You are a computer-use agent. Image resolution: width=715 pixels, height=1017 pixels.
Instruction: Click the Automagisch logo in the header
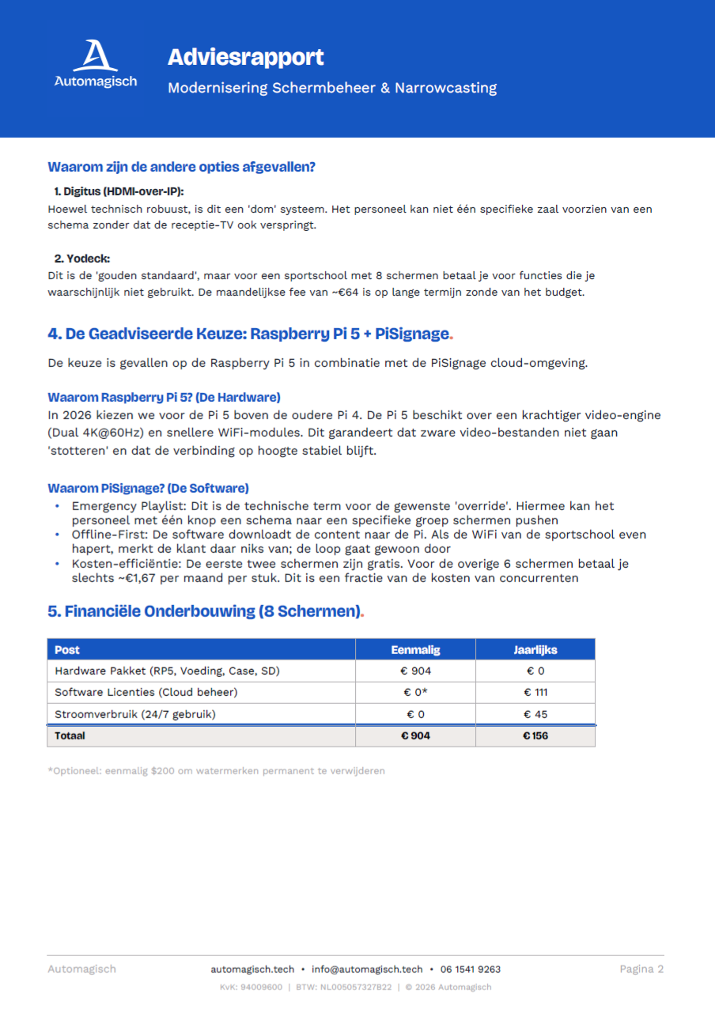tap(95, 65)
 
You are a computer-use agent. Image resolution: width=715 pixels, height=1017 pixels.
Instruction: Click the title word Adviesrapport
tap(245, 58)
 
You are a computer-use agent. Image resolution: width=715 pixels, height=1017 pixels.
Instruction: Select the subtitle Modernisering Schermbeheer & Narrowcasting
tap(331, 88)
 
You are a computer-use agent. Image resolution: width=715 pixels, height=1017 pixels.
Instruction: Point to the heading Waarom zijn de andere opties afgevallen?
tap(181, 167)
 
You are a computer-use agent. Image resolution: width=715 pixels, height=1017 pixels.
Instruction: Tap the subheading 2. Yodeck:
tap(81, 259)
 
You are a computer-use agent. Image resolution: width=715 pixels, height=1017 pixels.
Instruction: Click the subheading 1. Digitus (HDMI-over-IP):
tap(119, 192)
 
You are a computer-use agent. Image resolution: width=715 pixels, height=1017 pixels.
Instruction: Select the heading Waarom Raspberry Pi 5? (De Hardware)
tap(164, 397)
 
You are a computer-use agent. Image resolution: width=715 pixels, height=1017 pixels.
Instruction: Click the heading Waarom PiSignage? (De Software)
tap(148, 488)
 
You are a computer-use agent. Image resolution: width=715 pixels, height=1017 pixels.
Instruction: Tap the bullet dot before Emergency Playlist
tap(56, 505)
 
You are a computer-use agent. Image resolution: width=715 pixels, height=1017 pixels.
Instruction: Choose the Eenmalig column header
tap(415, 650)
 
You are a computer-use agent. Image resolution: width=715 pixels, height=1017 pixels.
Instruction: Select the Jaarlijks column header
tap(535, 650)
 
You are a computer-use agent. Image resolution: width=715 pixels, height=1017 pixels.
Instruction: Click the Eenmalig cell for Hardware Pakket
tap(415, 671)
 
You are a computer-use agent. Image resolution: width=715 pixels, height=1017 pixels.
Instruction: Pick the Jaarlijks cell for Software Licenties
tap(535, 693)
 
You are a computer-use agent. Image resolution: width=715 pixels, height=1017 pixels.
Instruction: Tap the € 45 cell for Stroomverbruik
tap(535, 714)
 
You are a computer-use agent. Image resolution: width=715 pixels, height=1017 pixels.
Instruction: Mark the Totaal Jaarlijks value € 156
tap(535, 735)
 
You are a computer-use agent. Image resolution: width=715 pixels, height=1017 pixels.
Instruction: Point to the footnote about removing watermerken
tap(216, 770)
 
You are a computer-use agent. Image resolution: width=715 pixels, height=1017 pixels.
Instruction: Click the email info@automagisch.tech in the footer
tap(367, 970)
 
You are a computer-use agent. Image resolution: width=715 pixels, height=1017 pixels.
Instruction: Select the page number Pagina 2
tap(641, 970)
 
